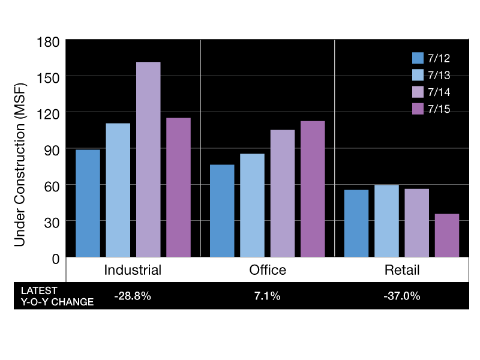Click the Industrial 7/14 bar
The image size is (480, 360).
coord(148,159)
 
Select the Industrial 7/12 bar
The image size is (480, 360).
coord(88,203)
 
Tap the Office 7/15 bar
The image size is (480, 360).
coord(313,189)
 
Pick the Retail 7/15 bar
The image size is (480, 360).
coord(447,235)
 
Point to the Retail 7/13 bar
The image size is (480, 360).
coord(386,221)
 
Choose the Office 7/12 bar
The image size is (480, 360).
coord(222,211)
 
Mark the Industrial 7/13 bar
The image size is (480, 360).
coord(118,190)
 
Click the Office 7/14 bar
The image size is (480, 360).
coord(283,193)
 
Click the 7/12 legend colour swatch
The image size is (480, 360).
coord(418,58)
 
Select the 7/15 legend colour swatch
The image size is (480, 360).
coord(418,109)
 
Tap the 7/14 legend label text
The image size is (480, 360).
coord(439,92)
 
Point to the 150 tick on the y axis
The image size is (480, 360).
coord(48,78)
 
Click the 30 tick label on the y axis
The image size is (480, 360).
coord(52,223)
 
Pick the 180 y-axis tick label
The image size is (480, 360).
coord(48,42)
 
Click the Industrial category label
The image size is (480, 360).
coord(133,270)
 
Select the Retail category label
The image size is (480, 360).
coord(402,270)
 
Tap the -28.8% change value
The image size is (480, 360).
coord(133,296)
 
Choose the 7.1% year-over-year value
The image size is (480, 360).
coord(267,296)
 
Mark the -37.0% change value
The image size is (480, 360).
coord(402,296)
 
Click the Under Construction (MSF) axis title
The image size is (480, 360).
coord(20,164)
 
